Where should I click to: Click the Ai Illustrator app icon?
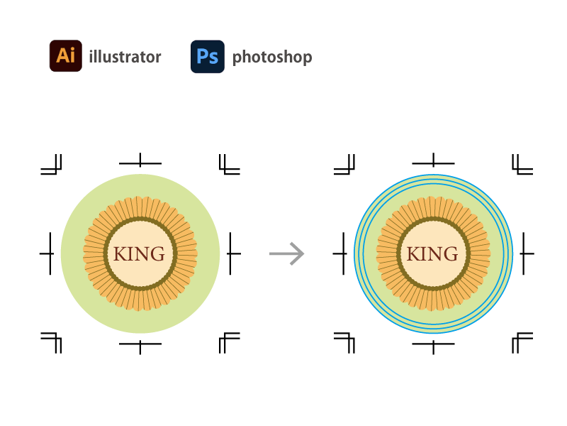pos(66,56)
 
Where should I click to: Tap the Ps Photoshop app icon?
pos(207,56)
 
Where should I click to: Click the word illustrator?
pos(125,57)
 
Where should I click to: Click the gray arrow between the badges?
pos(286,253)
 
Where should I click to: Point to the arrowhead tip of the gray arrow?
pos(304,253)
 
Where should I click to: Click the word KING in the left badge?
pos(140,254)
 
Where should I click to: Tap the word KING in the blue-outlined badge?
pos(432,254)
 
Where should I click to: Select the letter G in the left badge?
pos(157,254)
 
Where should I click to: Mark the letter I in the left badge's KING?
pos(131,254)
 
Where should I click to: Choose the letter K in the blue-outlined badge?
pos(413,254)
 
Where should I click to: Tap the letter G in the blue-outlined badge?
pos(450,254)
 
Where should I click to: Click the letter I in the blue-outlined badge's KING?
pos(424,254)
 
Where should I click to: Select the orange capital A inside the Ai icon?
pos(62,56)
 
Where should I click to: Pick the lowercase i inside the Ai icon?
pos(73,56)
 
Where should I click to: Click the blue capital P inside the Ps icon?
pos(203,56)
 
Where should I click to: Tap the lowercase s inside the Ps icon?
pos(213,58)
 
